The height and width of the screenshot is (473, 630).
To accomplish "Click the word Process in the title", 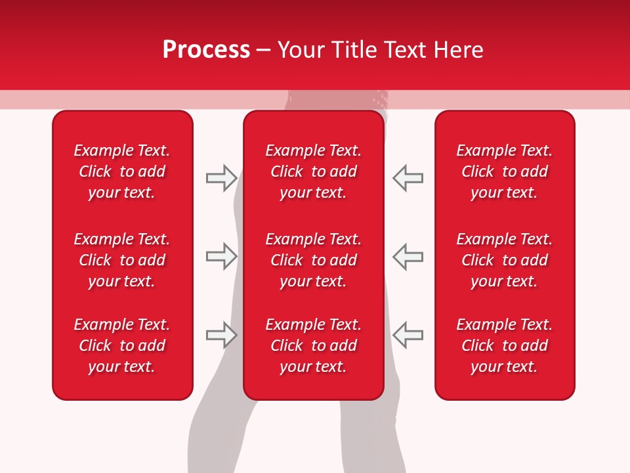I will pos(206,50).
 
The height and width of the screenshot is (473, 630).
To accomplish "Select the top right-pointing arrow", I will pos(221,178).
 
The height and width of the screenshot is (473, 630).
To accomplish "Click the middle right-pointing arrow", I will pos(221,256).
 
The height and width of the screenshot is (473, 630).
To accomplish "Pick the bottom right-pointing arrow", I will pos(221,335).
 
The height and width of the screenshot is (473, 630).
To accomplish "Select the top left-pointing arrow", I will pos(408,178).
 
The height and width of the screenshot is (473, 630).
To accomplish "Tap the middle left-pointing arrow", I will pos(408,256).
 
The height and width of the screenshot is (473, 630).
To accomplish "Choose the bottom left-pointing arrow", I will pos(408,335).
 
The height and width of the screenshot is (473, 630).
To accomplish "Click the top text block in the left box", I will pos(122,171).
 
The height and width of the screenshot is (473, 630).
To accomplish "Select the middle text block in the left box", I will pos(122,260).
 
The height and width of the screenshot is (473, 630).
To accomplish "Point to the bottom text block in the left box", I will pos(122,346).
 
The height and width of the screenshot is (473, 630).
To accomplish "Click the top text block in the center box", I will pos(314,171).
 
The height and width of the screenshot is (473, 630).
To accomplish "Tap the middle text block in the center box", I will pos(314,260).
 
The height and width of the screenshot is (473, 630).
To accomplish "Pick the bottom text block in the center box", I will pos(314,346).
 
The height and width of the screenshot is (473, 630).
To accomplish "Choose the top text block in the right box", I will pos(505,171).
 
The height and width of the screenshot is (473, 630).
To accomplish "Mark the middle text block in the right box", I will pos(505,260).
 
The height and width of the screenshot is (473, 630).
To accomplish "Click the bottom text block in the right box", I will pos(505,346).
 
